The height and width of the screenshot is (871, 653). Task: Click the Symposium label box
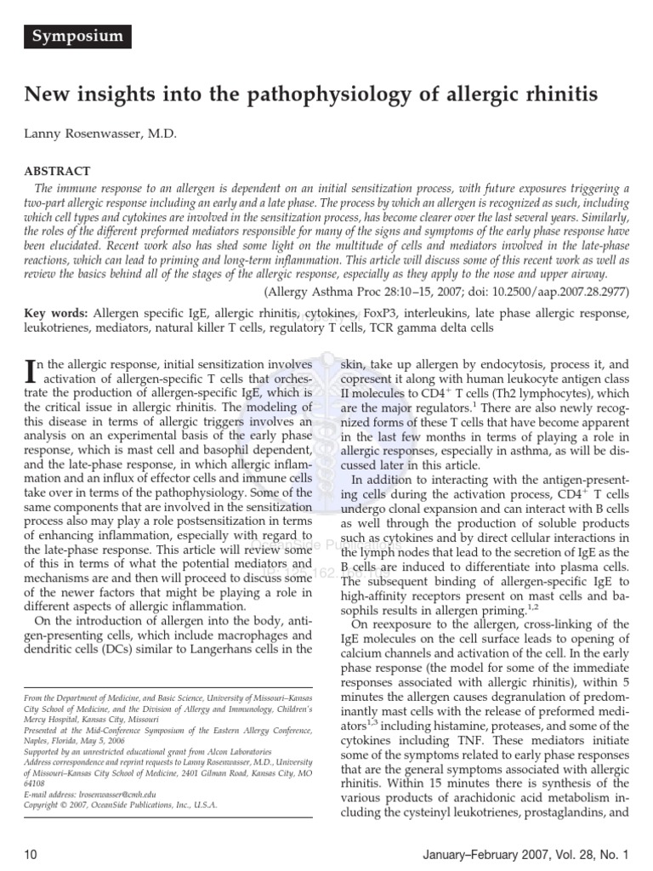(78, 37)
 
